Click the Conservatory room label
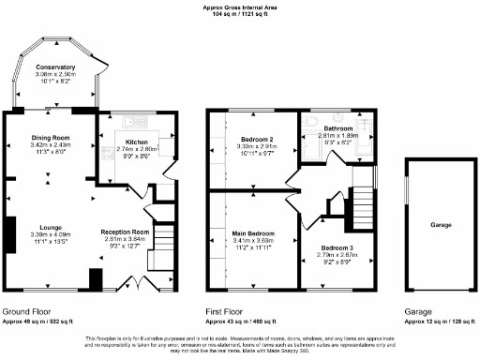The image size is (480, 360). click(x=55, y=67)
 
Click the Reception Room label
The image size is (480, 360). click(x=126, y=231)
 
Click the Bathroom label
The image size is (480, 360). click(x=337, y=128)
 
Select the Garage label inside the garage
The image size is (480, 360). click(x=442, y=226)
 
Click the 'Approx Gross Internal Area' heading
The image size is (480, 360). click(x=239, y=7)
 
